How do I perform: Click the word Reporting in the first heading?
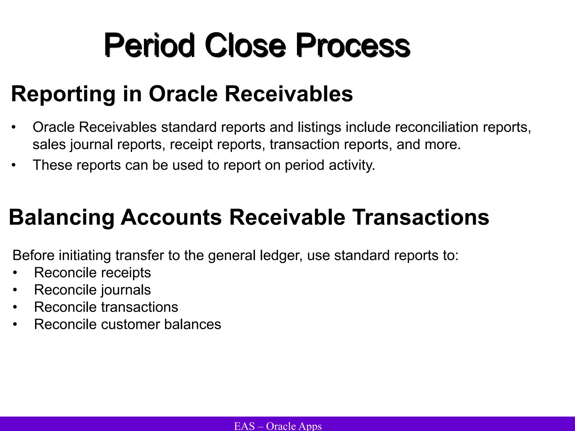tap(63, 94)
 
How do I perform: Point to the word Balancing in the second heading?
tap(61, 217)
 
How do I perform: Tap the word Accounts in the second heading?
tap(171, 217)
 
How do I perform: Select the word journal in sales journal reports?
tap(91, 145)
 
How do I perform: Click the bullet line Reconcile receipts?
tap(92, 273)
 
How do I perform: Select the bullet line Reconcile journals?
tap(92, 290)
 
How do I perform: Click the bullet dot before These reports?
tap(14, 165)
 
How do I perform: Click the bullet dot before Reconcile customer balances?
tap(15, 325)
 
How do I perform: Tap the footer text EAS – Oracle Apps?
tap(278, 426)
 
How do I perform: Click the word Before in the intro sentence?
tap(34, 256)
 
